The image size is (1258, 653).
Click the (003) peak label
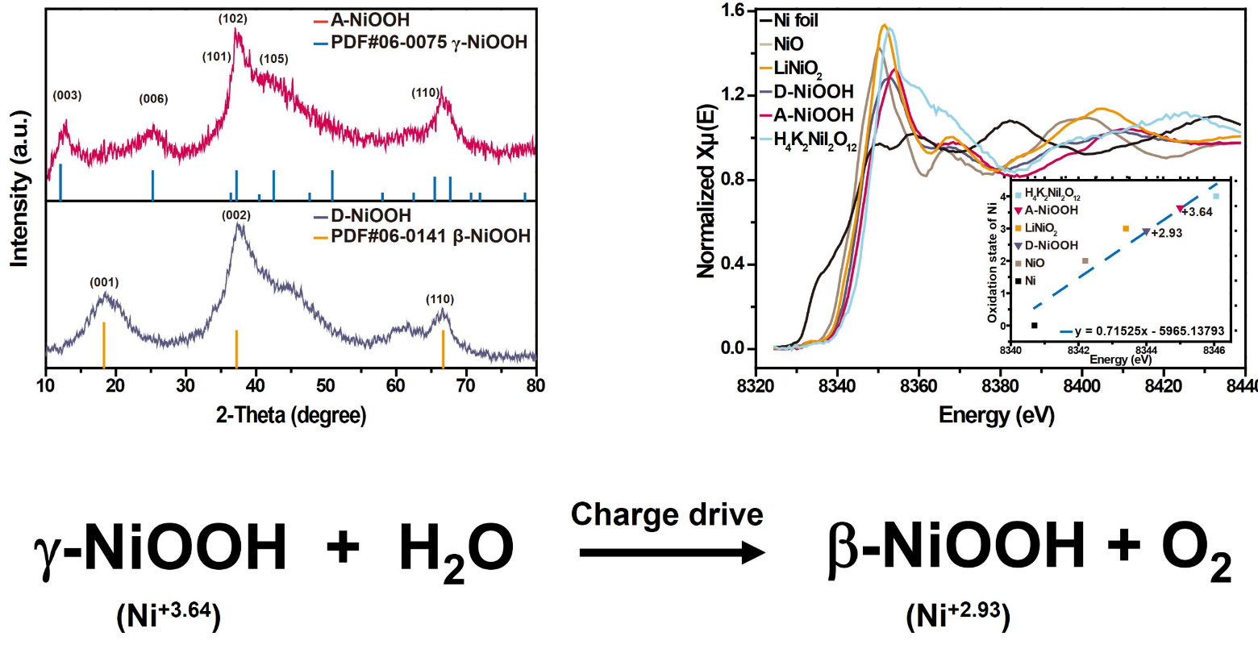click(67, 96)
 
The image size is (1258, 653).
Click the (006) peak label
click(153, 99)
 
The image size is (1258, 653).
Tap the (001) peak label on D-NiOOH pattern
click(104, 282)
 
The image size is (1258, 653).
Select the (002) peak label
click(236, 215)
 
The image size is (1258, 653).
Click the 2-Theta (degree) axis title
click(291, 415)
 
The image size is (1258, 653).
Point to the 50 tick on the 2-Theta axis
click(326, 385)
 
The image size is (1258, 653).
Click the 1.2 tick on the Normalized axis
click(731, 95)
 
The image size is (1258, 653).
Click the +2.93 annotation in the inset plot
click(1164, 233)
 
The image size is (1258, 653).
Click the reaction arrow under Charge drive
click(672, 553)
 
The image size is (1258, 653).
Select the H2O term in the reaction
click(456, 549)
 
